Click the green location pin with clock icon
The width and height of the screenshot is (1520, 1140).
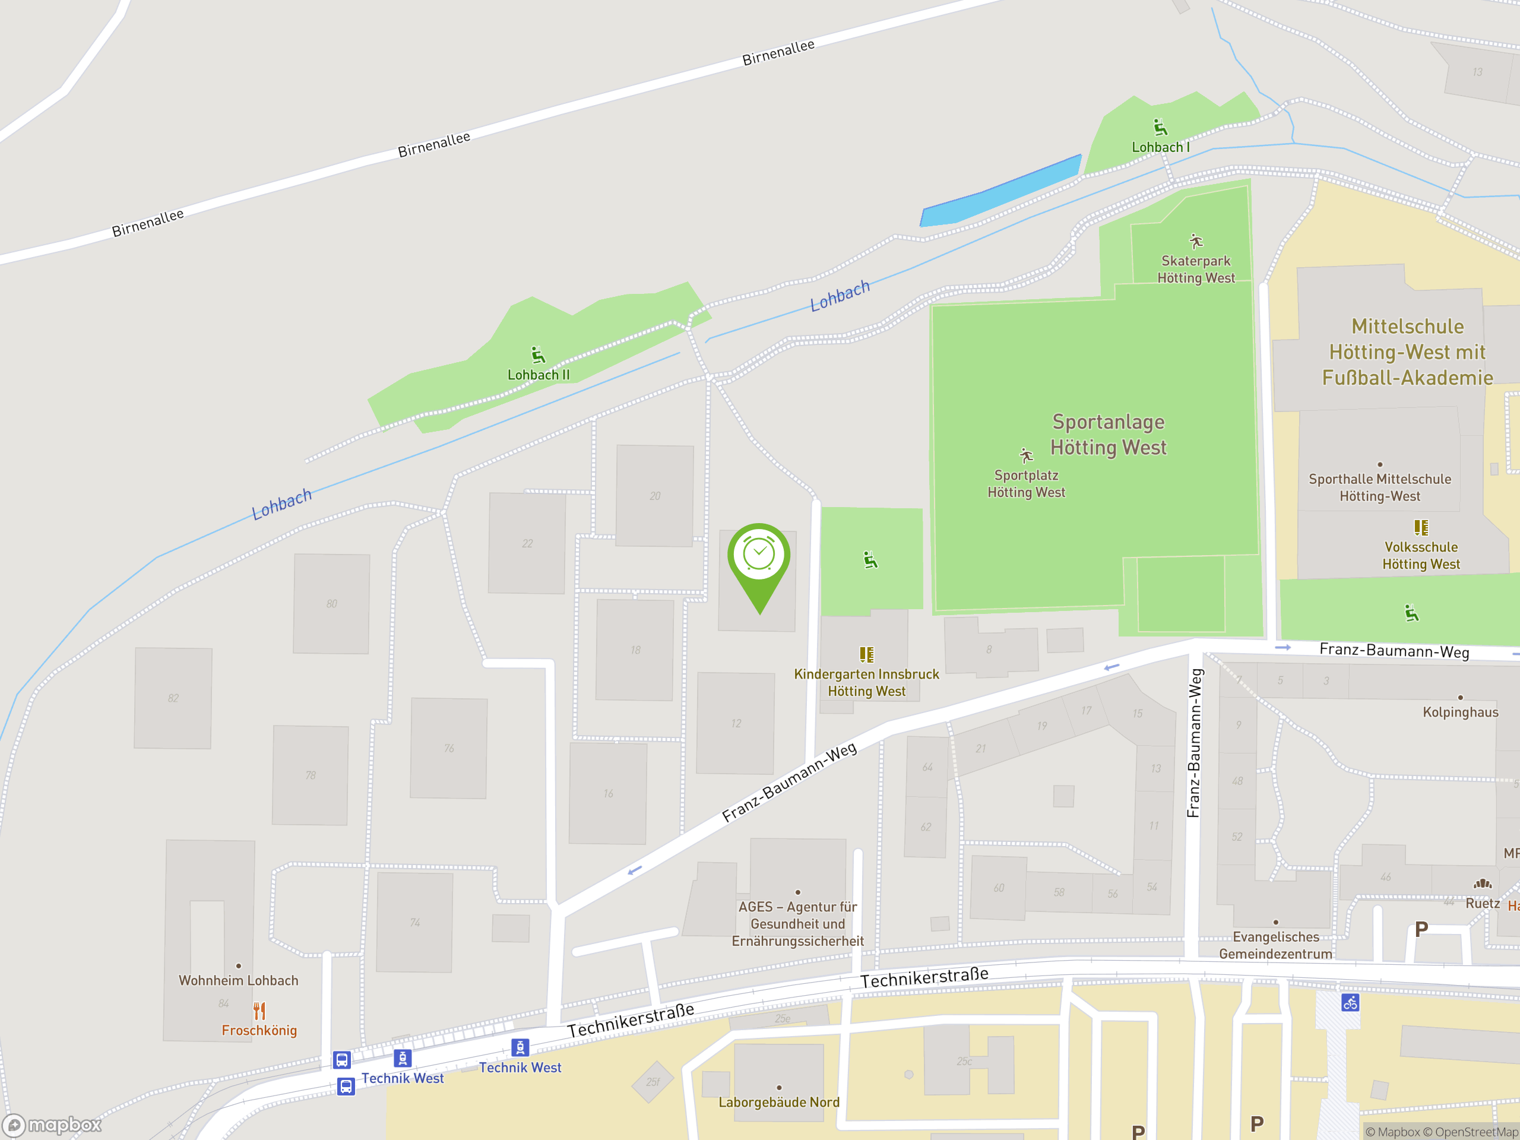(x=759, y=560)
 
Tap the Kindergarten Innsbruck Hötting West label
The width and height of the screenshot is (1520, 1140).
(x=866, y=682)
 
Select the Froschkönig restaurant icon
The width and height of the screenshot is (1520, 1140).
(x=259, y=1011)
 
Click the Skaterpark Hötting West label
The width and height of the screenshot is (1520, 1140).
(x=1196, y=270)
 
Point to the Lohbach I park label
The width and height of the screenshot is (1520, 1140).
(x=1160, y=147)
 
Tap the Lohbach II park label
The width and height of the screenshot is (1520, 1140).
(x=538, y=375)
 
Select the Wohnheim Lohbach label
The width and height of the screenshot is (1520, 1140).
(x=239, y=981)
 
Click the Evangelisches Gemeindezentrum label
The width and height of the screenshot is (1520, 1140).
(x=1275, y=945)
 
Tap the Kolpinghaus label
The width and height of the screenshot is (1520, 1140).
(x=1460, y=712)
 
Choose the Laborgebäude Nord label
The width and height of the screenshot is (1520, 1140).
(x=778, y=1102)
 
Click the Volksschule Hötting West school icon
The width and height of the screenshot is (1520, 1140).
(x=1421, y=527)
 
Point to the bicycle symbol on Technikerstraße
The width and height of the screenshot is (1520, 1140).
(x=1350, y=1003)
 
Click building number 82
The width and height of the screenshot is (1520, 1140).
(x=173, y=698)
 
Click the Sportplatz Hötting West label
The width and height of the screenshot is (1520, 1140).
(x=1026, y=483)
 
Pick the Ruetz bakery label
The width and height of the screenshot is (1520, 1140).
(x=1482, y=903)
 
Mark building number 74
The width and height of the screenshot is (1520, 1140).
(x=414, y=922)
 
